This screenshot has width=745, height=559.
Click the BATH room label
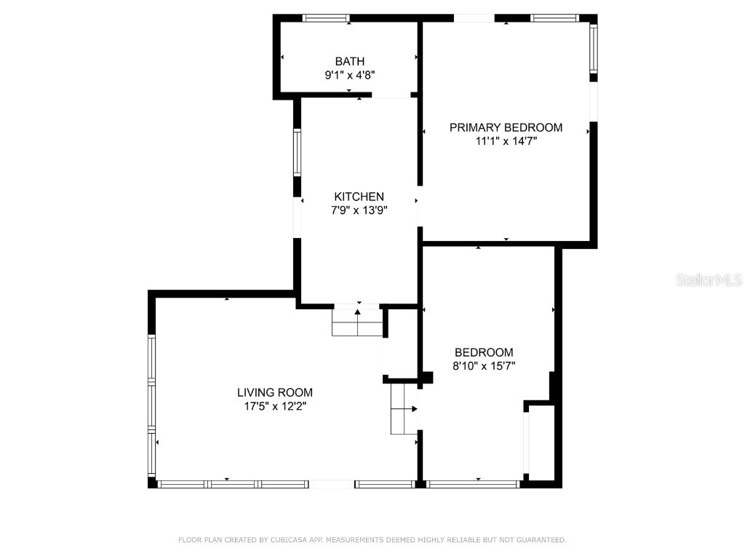tap(350, 62)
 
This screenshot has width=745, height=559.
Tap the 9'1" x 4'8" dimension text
tap(350, 75)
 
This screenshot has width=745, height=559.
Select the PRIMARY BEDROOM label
tap(506, 128)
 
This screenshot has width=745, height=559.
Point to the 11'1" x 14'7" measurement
tap(506, 141)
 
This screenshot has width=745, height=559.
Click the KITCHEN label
tap(359, 197)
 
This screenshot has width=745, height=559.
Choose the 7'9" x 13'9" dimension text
tap(359, 210)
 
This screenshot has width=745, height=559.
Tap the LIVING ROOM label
tap(275, 393)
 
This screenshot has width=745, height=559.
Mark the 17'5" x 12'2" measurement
tap(275, 406)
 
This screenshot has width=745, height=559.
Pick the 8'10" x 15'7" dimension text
tap(484, 366)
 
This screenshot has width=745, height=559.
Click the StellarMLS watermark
tap(709, 280)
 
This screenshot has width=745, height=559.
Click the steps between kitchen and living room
tap(357, 322)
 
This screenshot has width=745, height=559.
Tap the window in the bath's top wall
tap(326, 18)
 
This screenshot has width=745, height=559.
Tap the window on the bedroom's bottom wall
tap(472, 483)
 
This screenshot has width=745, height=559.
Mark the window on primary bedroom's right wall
tap(593, 49)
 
